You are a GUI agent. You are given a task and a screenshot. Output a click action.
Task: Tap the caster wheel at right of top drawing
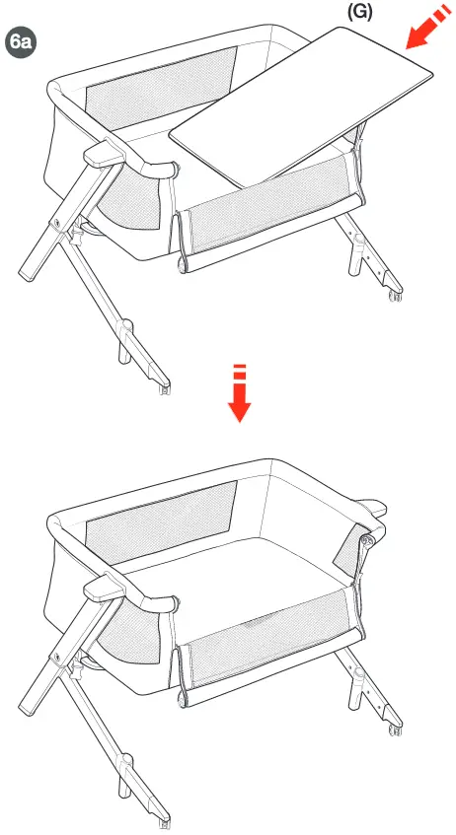click(397, 294)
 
